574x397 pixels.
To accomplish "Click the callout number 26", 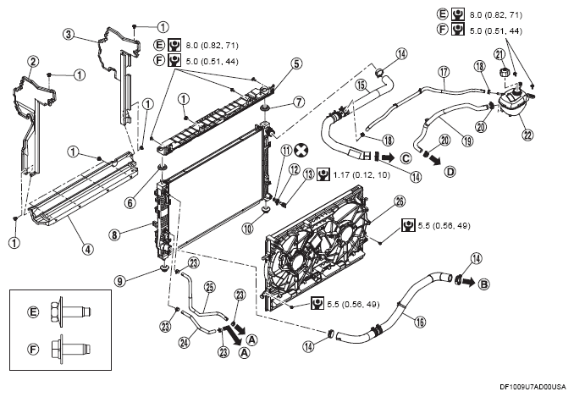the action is click(x=400, y=201).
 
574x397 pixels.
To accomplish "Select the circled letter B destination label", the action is click(x=484, y=284).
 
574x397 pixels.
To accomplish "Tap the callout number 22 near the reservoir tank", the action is click(x=527, y=135).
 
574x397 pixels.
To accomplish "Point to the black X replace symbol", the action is click(x=301, y=150).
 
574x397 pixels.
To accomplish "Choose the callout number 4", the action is click(x=87, y=249).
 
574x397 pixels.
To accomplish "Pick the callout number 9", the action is click(x=119, y=281).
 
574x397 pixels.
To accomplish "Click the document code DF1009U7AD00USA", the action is click(x=533, y=387).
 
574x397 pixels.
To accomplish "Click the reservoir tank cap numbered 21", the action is click(x=505, y=71).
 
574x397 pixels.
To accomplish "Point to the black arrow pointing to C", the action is click(x=388, y=157).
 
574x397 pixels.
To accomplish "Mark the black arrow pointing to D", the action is click(x=435, y=160).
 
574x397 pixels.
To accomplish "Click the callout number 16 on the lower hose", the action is click(x=420, y=322).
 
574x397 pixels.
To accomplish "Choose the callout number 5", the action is click(x=296, y=63).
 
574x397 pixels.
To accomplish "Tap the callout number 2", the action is click(x=32, y=62).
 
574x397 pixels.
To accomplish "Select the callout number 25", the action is click(x=210, y=288).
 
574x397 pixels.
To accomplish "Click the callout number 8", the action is click(x=114, y=234).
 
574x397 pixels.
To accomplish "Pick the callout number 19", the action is click(x=467, y=141).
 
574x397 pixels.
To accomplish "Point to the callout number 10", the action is click(x=248, y=229).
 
